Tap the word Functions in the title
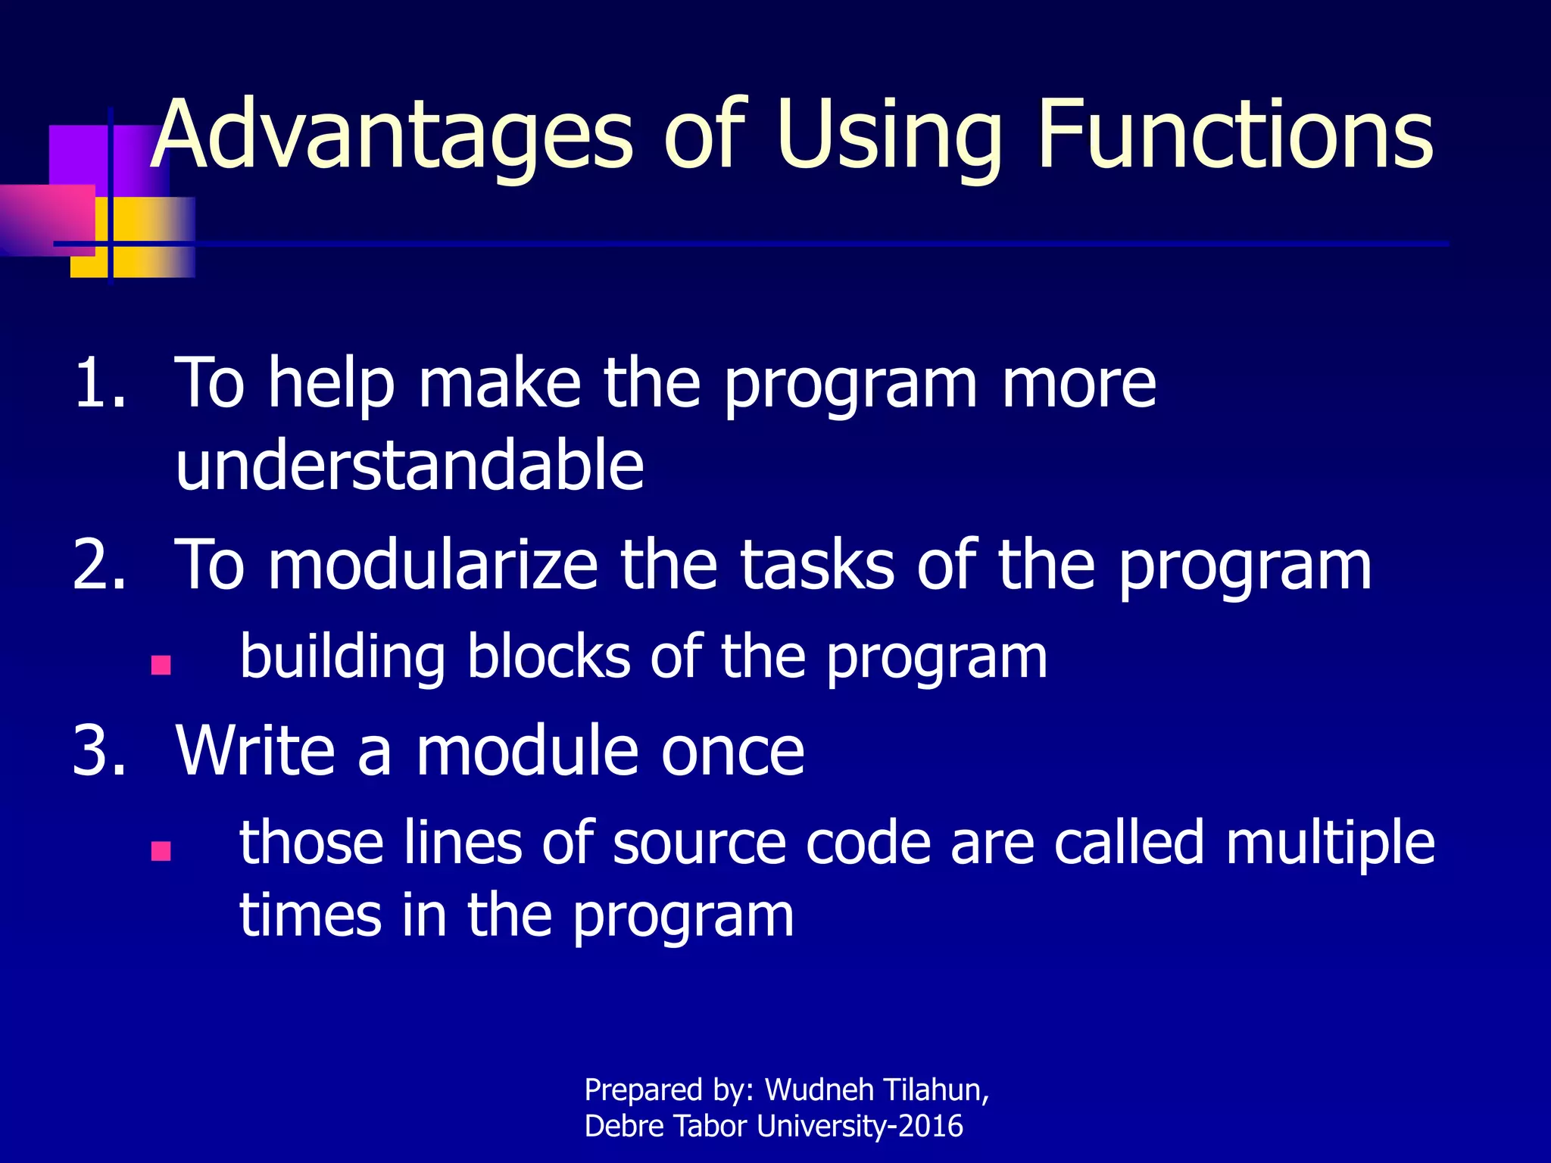pos(1234,136)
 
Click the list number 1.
pos(98,383)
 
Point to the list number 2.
pos(98,565)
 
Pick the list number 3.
pos(98,750)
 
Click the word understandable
pos(409,465)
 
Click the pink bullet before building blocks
pos(161,666)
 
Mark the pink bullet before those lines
pos(161,851)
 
